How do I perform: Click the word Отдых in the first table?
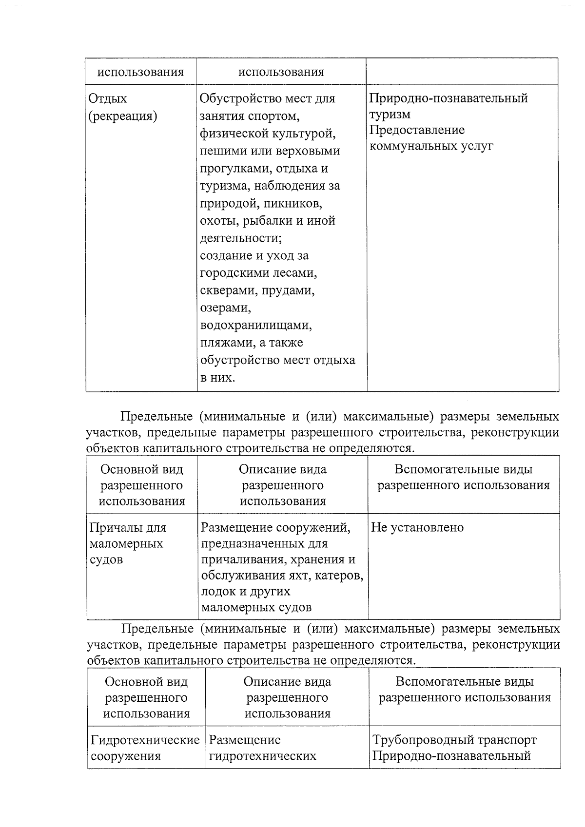click(x=108, y=98)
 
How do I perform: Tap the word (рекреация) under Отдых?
click(x=123, y=116)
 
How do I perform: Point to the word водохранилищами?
click(x=256, y=325)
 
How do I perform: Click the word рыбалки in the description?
click(x=274, y=221)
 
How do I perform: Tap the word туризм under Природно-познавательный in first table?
click(x=390, y=114)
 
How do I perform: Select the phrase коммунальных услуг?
click(x=431, y=146)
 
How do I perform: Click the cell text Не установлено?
click(x=417, y=527)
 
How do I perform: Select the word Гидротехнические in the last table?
click(x=145, y=740)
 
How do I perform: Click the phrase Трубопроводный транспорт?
click(x=454, y=740)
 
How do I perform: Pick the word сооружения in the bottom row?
click(x=126, y=756)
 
